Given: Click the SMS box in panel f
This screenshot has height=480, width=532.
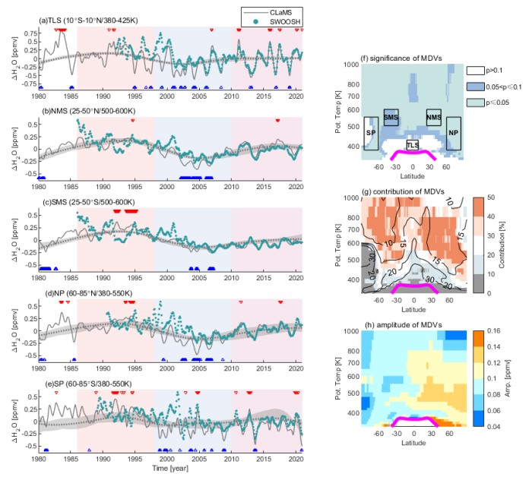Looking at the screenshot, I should click(x=391, y=118).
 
